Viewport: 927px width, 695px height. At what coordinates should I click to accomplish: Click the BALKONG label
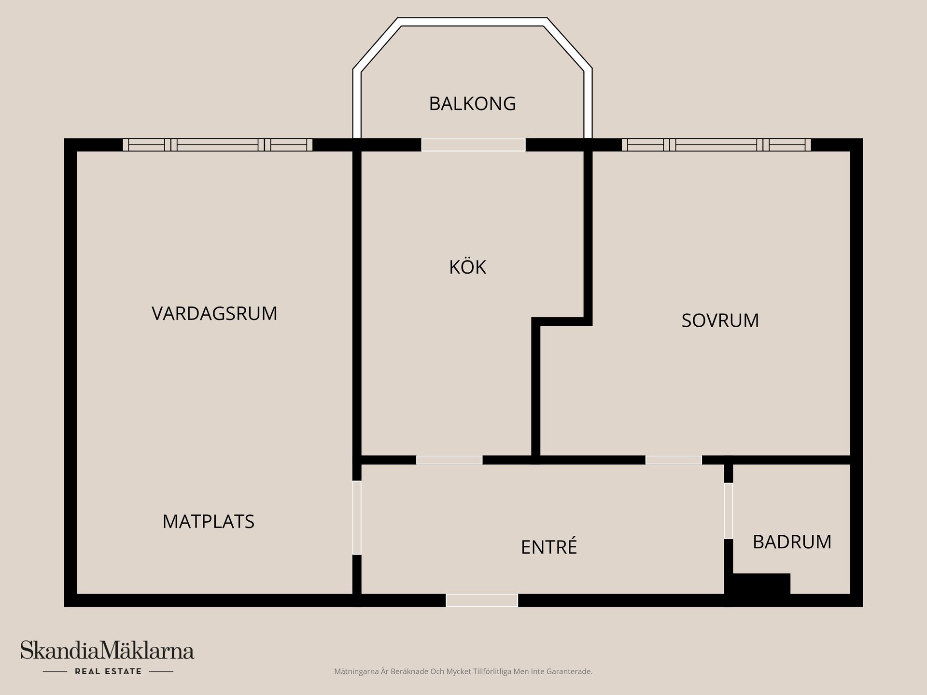tap(472, 104)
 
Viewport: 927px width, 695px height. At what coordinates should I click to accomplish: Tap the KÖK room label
tap(467, 267)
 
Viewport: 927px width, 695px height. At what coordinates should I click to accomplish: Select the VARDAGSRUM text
tap(214, 314)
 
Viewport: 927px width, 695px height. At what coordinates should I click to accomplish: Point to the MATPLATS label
tap(208, 522)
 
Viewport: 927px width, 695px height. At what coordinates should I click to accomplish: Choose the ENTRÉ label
tap(549, 547)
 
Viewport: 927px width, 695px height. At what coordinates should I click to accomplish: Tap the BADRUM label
tap(792, 542)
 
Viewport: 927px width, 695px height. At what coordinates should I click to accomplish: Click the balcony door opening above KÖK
tap(473, 145)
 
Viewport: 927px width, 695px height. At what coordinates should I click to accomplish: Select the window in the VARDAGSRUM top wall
tap(217, 145)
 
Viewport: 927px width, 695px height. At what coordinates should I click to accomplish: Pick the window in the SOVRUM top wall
tap(716, 145)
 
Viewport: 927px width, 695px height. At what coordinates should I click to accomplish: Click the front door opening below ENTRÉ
tap(482, 600)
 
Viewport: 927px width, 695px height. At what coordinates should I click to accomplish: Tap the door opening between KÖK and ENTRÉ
tap(449, 460)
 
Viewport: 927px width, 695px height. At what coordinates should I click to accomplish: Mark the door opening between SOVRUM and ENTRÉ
tap(674, 460)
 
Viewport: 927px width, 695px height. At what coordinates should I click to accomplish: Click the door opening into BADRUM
tap(728, 511)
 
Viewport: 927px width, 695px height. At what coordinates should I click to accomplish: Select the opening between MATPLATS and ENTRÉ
tap(357, 517)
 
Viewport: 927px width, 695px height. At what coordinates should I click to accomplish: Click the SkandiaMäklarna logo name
tap(107, 651)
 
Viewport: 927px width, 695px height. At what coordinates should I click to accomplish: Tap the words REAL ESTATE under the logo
tap(108, 671)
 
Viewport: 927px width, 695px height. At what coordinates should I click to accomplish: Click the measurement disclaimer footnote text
tap(463, 671)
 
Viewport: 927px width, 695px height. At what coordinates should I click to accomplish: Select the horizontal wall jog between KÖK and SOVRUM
tap(562, 321)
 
